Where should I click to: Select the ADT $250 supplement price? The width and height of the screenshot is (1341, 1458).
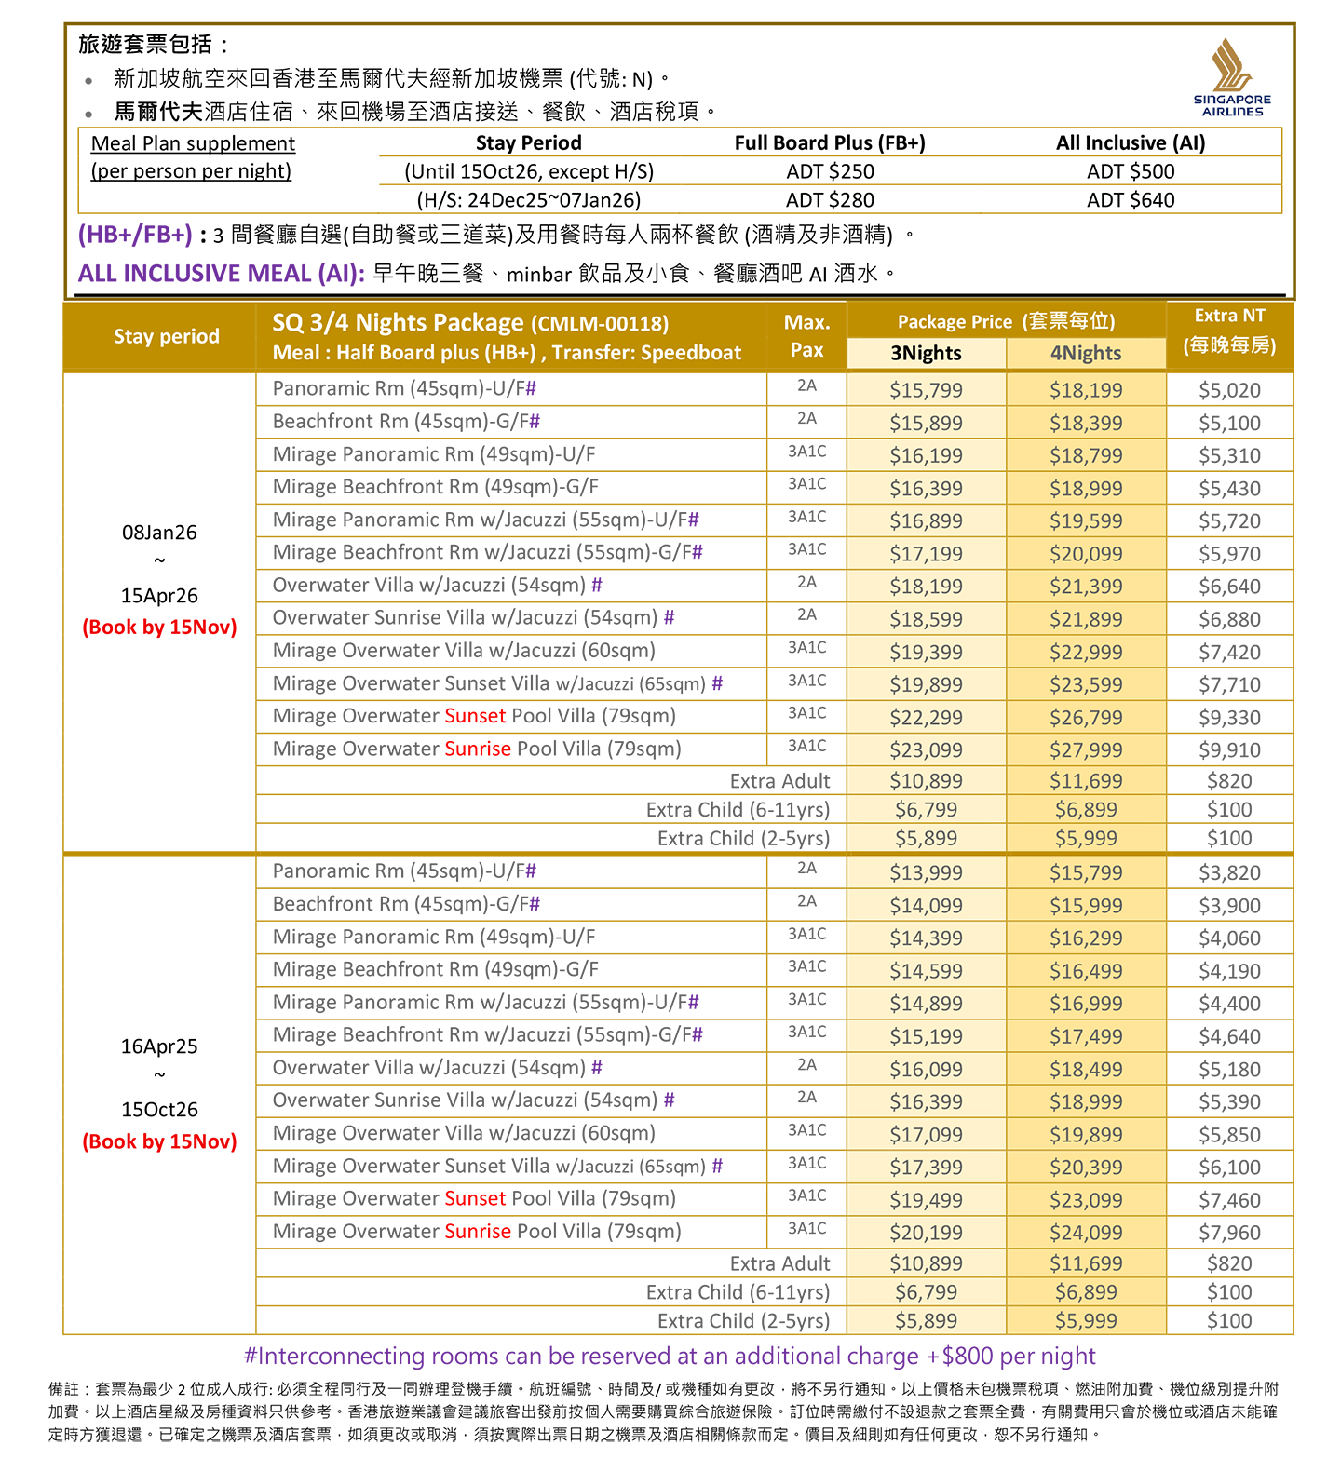(830, 171)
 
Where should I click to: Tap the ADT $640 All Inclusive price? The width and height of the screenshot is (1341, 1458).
(1131, 200)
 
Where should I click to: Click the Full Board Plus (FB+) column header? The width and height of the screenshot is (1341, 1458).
(830, 142)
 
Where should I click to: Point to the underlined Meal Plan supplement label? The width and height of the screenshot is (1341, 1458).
(193, 143)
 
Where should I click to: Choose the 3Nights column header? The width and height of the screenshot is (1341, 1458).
(926, 353)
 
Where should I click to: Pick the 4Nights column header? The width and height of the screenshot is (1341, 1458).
(1086, 353)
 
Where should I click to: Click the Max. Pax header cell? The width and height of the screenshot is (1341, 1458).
(806, 335)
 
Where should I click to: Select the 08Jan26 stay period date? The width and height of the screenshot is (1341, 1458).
(159, 533)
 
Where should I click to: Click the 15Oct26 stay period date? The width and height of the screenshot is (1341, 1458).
(159, 1110)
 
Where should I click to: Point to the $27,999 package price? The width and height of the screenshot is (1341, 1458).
(1086, 749)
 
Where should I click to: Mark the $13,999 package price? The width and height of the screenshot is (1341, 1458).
(926, 873)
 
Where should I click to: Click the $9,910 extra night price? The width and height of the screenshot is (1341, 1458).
(1229, 749)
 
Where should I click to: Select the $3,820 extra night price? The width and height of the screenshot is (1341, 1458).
(1229, 873)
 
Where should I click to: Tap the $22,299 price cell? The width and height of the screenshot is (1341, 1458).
(926, 718)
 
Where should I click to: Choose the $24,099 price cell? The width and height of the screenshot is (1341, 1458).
(1086, 1233)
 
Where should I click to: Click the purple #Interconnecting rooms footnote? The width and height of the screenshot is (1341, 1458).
(669, 1356)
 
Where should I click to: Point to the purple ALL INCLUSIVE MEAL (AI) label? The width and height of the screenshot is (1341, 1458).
(221, 274)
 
